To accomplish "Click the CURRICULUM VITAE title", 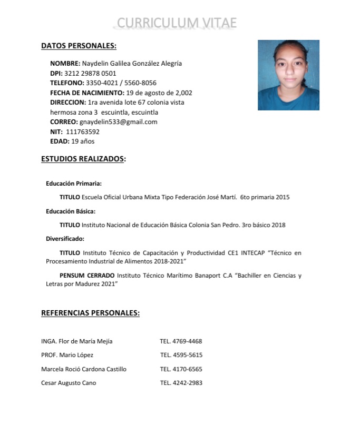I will [177, 23].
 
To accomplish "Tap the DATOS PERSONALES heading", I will [79, 46].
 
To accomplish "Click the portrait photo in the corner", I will [288, 75].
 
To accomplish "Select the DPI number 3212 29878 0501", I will [90, 73].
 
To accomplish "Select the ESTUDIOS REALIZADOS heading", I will [83, 159].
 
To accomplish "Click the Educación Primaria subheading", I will [74, 184].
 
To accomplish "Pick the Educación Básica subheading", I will [71, 211].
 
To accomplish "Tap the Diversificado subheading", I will [65, 239].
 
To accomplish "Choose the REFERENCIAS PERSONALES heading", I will [90, 313].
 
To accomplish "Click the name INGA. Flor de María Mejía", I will [76, 341].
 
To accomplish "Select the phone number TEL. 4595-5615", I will [181, 355].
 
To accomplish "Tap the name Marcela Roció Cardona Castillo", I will [84, 369].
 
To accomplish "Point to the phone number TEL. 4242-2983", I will [181, 383].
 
